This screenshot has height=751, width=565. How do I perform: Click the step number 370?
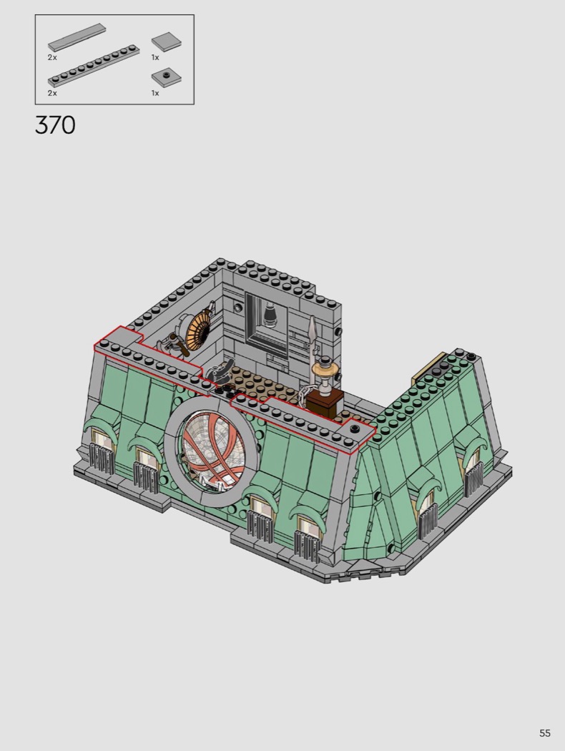55,125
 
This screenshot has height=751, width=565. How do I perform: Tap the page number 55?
545,733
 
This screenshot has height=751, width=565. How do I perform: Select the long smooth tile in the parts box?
77,37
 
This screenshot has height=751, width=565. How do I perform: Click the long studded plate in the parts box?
94,67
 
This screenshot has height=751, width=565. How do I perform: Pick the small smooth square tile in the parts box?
166,41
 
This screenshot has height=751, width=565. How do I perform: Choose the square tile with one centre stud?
166,77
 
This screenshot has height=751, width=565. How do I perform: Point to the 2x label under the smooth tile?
52,57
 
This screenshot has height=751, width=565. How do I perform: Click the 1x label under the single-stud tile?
155,93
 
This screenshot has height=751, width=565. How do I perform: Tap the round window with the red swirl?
211,451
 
